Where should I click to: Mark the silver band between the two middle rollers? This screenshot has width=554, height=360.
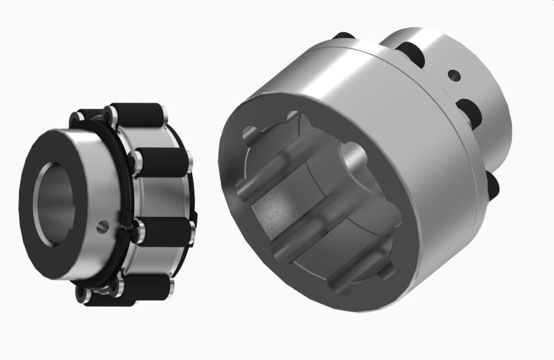(162, 197)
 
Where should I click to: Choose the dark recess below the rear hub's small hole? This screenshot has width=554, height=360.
(470, 111)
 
